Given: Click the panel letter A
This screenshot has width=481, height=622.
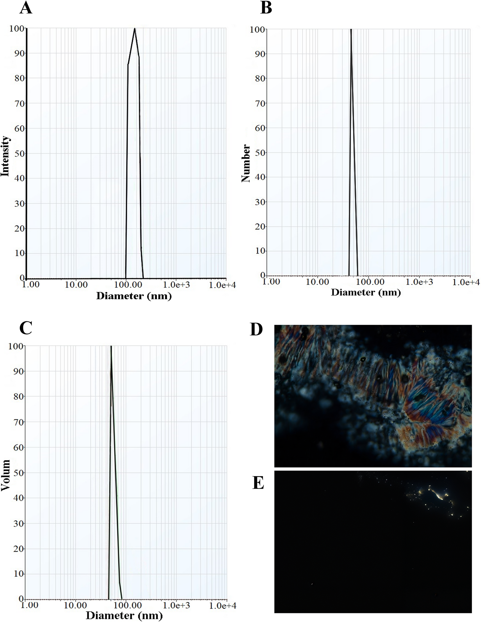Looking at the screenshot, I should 26,8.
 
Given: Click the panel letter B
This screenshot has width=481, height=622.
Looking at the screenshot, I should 266,8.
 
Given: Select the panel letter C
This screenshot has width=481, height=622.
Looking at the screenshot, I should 26,328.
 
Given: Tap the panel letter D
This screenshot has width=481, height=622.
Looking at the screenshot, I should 256,330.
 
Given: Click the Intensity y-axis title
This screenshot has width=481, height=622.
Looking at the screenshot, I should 5,156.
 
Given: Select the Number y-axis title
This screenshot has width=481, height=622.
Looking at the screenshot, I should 246,163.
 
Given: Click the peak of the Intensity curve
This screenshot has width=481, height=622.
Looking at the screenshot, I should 135,28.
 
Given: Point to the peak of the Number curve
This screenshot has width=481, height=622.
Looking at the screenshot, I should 351,30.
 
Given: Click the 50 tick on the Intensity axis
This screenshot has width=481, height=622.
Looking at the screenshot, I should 19,153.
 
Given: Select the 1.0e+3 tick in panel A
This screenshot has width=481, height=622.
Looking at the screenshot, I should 176,285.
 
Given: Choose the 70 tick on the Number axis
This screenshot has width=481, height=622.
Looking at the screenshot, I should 260,103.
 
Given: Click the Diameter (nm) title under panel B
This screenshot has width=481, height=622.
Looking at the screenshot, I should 366,292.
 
